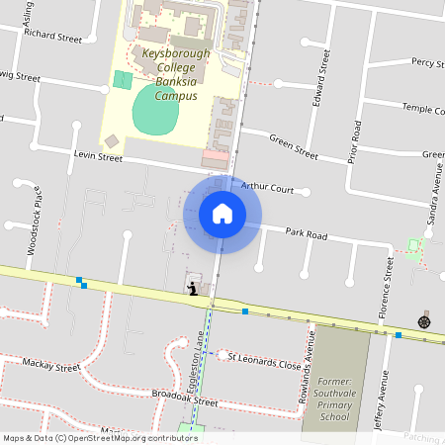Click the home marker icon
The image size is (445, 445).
click(222, 214)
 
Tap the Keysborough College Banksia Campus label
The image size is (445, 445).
click(169, 74)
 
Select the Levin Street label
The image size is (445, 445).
click(97, 156)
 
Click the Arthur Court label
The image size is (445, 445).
click(268, 186)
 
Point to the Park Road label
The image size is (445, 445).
click(306, 234)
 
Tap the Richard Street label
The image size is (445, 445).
click(53, 37)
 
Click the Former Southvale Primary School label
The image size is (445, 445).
click(334, 399)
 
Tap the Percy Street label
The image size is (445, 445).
click(427, 61)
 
